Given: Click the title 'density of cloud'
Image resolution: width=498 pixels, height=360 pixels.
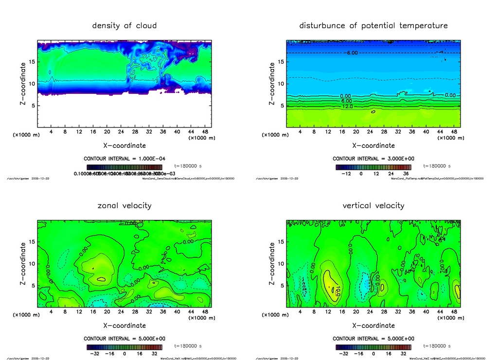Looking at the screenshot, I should pos(124,25).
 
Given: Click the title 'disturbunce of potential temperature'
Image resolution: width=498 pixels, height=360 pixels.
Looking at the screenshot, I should pos(373,25).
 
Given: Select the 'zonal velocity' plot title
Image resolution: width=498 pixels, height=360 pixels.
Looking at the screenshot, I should pos(124,205).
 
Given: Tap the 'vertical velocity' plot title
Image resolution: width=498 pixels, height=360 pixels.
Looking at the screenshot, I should pos(373,205).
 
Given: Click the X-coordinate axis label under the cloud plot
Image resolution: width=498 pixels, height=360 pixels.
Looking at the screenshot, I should pos(124,145).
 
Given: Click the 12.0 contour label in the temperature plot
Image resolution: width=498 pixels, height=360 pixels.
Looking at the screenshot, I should pos(347,106).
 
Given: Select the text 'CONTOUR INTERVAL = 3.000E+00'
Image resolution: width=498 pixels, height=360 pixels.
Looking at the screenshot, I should pos(373,159).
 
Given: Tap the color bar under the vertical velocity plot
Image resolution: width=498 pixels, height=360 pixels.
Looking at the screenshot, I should pos(373,347).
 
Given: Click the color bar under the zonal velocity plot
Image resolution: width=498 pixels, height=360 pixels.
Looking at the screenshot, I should pos(124,347).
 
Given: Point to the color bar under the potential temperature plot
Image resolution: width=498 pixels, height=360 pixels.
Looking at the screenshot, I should pos(373,167).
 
